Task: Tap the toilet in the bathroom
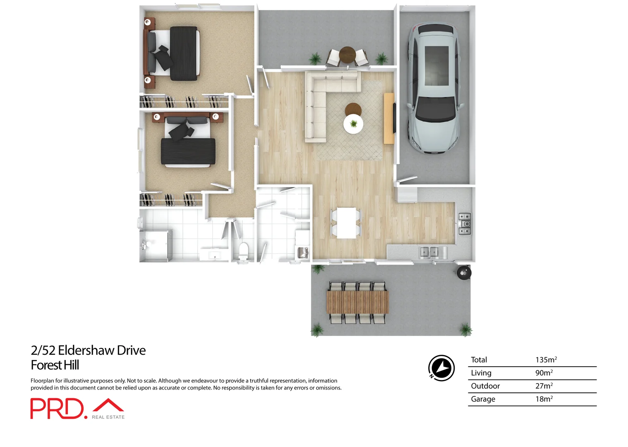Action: pyautogui.click(x=244, y=251)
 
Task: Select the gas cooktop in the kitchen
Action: pyautogui.click(x=464, y=224)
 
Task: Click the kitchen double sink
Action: pyautogui.click(x=429, y=252)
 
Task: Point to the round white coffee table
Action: pyautogui.click(x=353, y=124)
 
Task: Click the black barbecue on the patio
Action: pyautogui.click(x=464, y=273)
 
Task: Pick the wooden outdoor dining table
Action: pyautogui.click(x=357, y=302)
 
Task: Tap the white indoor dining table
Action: pyautogui.click(x=346, y=223)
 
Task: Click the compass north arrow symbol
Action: pyautogui.click(x=441, y=368)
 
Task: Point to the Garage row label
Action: pyautogui.click(x=483, y=399)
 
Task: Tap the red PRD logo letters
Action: pyautogui.click(x=57, y=409)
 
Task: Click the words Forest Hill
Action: pyautogui.click(x=55, y=365)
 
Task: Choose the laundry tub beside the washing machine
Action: pyautogui.click(x=302, y=252)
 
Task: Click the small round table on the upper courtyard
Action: pyautogui.click(x=347, y=54)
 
